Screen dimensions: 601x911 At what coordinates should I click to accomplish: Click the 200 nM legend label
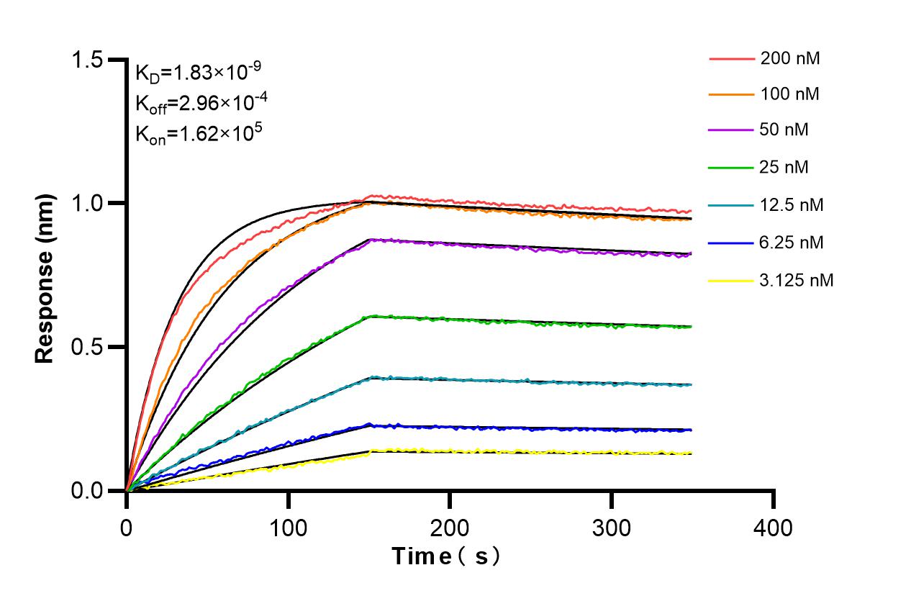point(790,59)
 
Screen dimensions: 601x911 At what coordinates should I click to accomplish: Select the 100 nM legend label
point(790,94)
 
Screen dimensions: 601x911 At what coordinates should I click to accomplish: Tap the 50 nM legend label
point(784,130)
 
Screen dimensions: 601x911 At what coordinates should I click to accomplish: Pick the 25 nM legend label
point(784,168)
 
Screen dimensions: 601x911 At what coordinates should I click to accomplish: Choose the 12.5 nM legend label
point(792,205)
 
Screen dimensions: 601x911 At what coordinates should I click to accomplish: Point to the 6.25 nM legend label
point(792,243)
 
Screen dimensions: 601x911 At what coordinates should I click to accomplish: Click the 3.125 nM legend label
point(797,280)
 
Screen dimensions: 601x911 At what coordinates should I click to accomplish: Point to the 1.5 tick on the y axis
point(88,60)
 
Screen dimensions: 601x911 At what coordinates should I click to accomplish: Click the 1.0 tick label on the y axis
point(88,204)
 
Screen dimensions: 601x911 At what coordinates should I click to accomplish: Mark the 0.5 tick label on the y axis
point(88,348)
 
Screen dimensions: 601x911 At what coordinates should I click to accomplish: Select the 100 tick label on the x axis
point(288,528)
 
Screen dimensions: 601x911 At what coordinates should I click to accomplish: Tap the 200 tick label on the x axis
point(450,528)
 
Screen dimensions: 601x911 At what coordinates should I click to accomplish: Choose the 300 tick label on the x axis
point(612,528)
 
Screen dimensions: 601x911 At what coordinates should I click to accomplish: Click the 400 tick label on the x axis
point(774,528)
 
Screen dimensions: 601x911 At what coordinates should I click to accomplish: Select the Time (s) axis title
point(446,556)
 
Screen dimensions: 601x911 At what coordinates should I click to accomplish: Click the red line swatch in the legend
point(730,59)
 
